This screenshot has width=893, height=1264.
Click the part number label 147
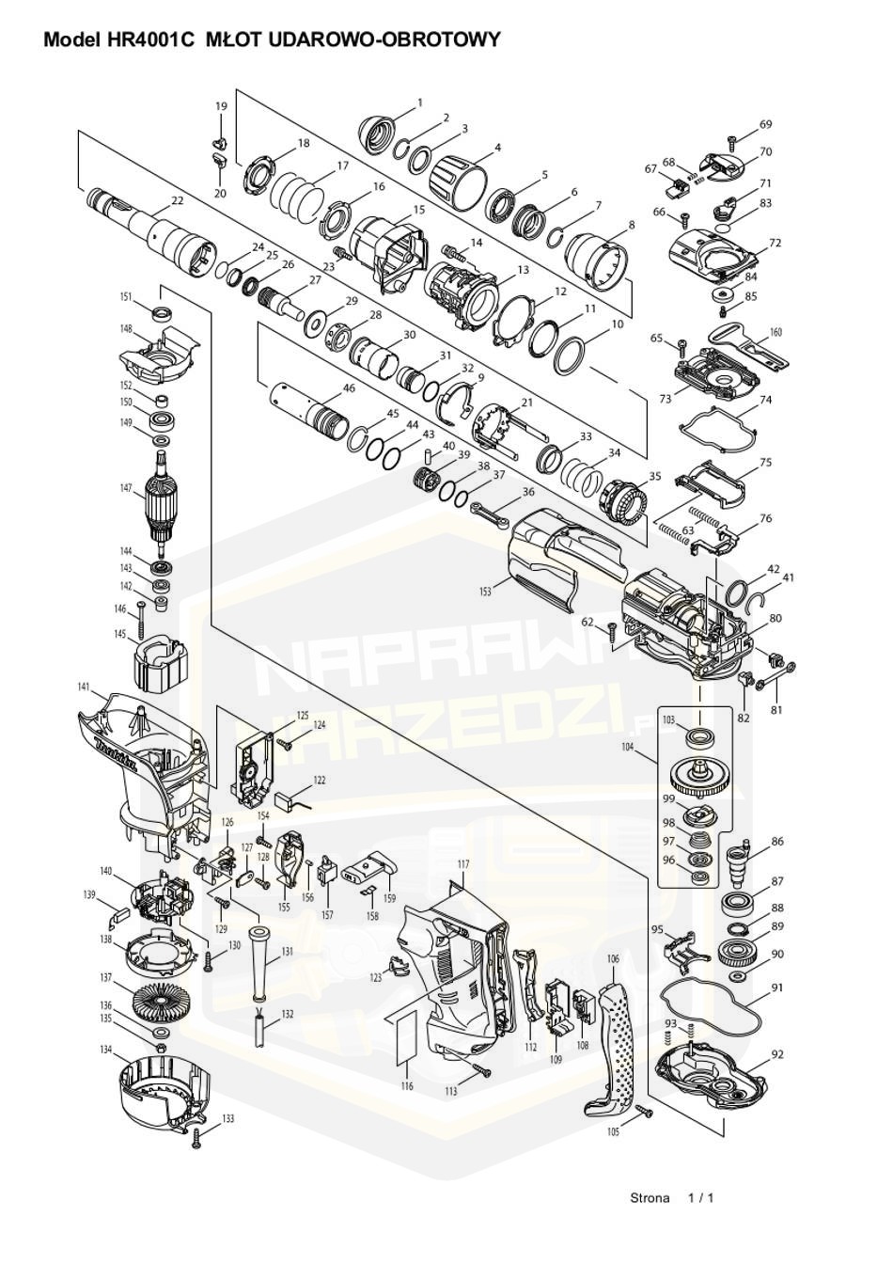point(125,488)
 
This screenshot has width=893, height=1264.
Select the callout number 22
point(177,201)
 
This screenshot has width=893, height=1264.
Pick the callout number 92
point(776,1054)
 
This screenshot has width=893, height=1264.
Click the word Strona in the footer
point(650,1198)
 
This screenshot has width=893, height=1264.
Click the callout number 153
point(485,592)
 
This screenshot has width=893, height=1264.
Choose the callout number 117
point(462,863)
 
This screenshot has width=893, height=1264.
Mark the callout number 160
point(775,333)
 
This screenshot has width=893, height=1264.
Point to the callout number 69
point(765,125)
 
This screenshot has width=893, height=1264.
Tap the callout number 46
point(349,387)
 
